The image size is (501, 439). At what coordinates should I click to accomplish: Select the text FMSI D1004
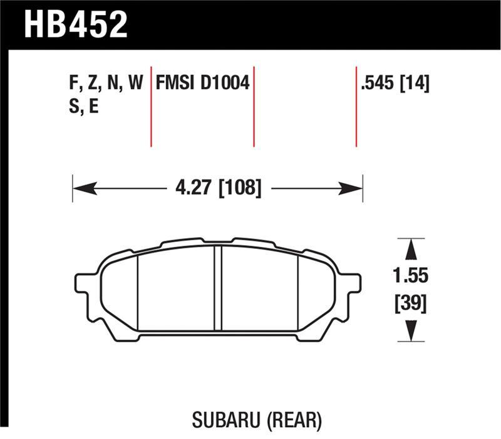pyautogui.click(x=202, y=83)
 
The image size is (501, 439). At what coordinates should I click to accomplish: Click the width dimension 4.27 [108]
pyautogui.click(x=217, y=187)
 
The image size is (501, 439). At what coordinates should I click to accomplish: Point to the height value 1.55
pyautogui.click(x=411, y=276)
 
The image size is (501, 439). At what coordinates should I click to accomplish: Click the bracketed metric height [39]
pyautogui.click(x=411, y=305)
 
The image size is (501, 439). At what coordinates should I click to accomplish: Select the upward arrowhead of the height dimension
pyautogui.click(x=411, y=250)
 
